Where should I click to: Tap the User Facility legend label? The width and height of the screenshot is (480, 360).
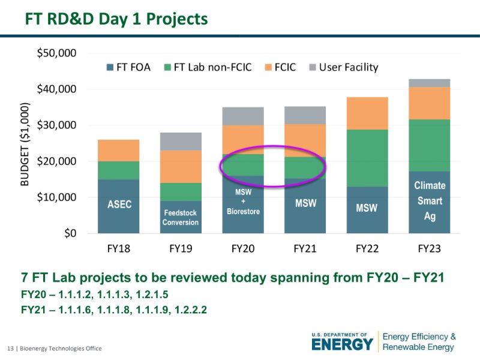[348, 67]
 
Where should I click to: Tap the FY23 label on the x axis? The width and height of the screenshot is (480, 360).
[430, 248]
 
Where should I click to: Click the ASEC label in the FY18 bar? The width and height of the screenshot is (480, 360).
[119, 205]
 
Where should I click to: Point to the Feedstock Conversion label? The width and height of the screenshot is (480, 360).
[180, 218]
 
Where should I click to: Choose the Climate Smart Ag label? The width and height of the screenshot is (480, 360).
[430, 201]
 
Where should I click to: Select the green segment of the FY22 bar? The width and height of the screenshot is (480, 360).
[367, 158]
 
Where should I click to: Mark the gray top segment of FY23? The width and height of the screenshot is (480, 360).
[430, 83]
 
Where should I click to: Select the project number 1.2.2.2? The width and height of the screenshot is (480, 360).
[194, 310]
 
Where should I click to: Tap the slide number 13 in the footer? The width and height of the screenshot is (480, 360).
[10, 349]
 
